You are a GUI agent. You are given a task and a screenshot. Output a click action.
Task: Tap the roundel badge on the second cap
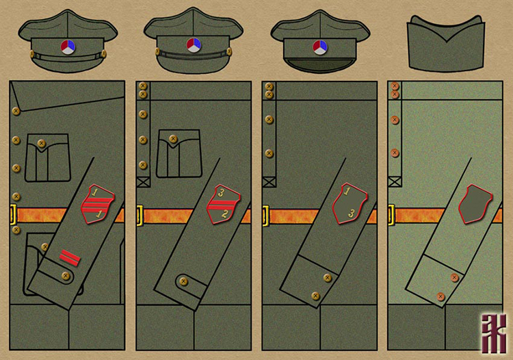click(x=192, y=45)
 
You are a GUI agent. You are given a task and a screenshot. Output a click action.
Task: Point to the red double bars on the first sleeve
click(x=69, y=257)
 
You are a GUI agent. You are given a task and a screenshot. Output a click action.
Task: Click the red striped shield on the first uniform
click(x=98, y=203)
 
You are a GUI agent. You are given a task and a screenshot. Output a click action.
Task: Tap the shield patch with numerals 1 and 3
click(x=349, y=204)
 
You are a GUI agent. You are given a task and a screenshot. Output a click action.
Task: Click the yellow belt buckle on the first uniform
click(x=13, y=214)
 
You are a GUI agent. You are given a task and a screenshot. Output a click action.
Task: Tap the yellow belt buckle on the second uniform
click(x=139, y=215)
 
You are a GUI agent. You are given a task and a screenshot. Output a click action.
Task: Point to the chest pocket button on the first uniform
click(x=41, y=143)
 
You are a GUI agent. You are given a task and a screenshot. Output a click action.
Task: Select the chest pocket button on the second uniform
click(x=172, y=139)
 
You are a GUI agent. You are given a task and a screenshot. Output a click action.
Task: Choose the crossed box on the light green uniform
click(x=394, y=182)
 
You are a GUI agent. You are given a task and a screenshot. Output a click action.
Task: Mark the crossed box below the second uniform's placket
click(x=143, y=182)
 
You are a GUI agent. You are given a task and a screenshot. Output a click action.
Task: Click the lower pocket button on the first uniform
click(x=44, y=246)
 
